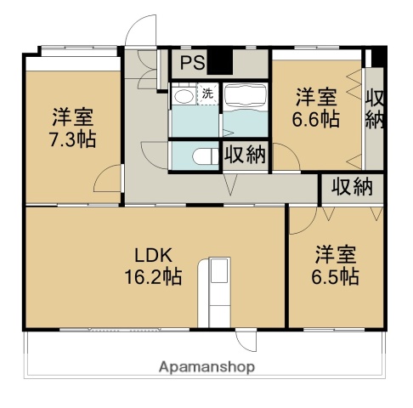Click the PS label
click(x=191, y=62)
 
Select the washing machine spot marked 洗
click(x=207, y=93)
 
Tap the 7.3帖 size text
click(x=71, y=139)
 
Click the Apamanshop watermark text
click(x=206, y=367)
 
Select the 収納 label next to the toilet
click(x=245, y=156)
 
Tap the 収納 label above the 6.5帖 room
click(x=352, y=186)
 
